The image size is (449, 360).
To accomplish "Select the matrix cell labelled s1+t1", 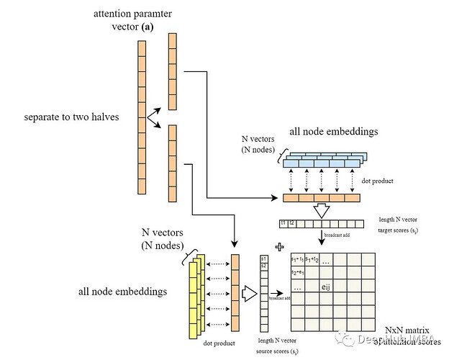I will tap(296, 259).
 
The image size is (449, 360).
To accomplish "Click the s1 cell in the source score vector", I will tap(264, 258).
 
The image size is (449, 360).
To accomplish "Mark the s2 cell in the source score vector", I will tap(264, 266).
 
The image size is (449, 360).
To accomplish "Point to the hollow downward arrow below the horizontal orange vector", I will tap(322, 210).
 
